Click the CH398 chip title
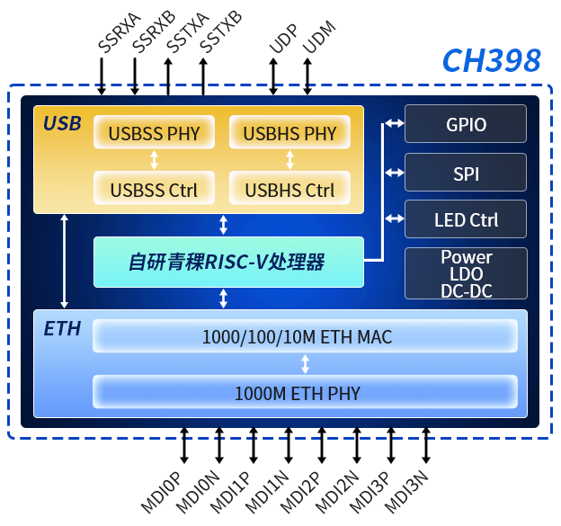(491, 60)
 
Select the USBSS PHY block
(154, 134)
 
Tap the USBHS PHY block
(289, 134)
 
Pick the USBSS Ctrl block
(154, 190)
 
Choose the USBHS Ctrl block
(289, 190)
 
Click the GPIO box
(466, 124)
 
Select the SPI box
(466, 172)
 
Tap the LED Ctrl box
(466, 219)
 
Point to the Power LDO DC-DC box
(466, 273)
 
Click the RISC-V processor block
(228, 263)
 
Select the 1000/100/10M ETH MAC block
(305, 337)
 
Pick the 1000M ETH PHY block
(305, 392)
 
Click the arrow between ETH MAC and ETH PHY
(305, 364)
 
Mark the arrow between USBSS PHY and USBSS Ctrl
(155, 161)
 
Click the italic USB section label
(62, 123)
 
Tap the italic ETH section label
(62, 329)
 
